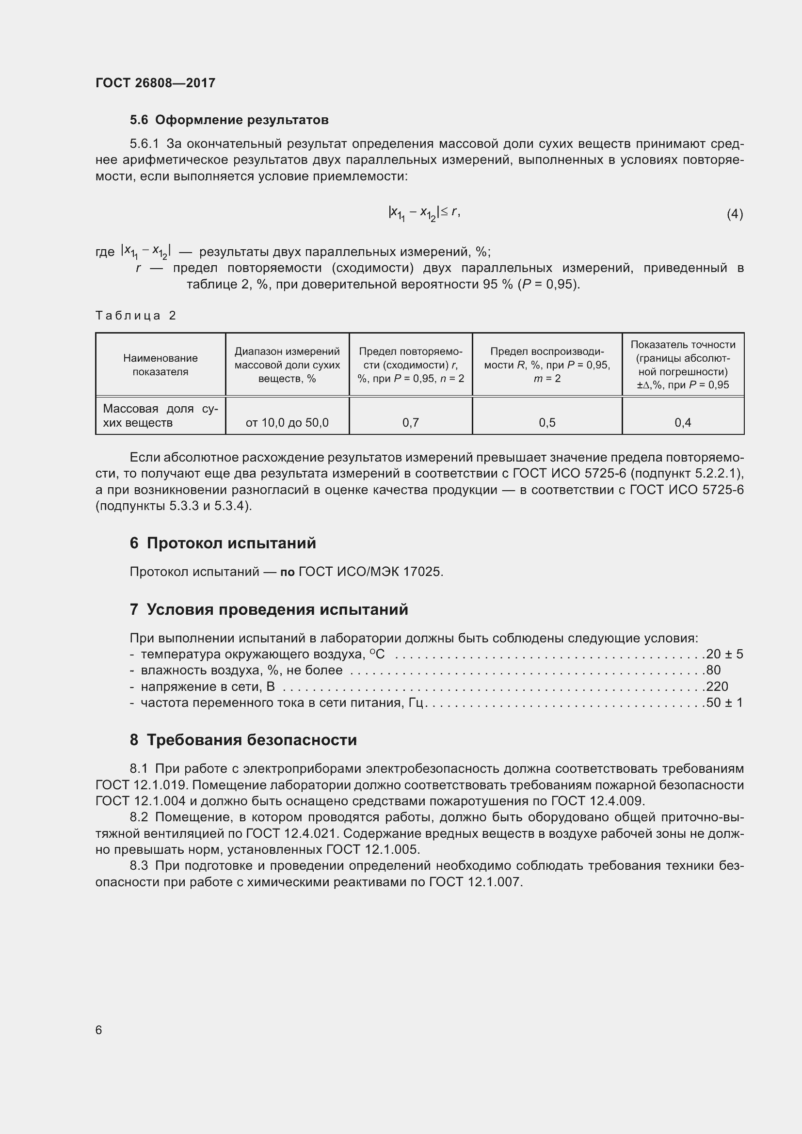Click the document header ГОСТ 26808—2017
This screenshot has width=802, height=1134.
point(155,83)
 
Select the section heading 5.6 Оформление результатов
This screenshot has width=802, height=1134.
point(229,120)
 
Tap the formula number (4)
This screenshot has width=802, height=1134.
point(734,214)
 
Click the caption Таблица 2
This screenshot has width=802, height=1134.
point(136,316)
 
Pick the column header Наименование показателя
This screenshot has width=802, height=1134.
point(160,365)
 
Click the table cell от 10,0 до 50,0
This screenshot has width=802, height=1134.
point(287,423)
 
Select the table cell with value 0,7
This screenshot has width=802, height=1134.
point(410,423)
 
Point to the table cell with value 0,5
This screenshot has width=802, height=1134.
point(546,423)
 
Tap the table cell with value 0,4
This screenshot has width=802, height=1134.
point(683,423)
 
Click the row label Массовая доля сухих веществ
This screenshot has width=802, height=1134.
point(160,416)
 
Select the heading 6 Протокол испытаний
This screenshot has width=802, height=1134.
point(223,543)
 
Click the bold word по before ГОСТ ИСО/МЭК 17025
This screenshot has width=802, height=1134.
point(288,572)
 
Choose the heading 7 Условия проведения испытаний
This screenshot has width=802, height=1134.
point(269,609)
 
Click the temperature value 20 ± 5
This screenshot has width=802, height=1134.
point(724,655)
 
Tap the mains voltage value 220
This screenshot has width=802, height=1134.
point(717,687)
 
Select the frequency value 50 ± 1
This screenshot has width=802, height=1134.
point(724,703)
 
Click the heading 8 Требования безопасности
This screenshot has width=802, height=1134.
point(243,740)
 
